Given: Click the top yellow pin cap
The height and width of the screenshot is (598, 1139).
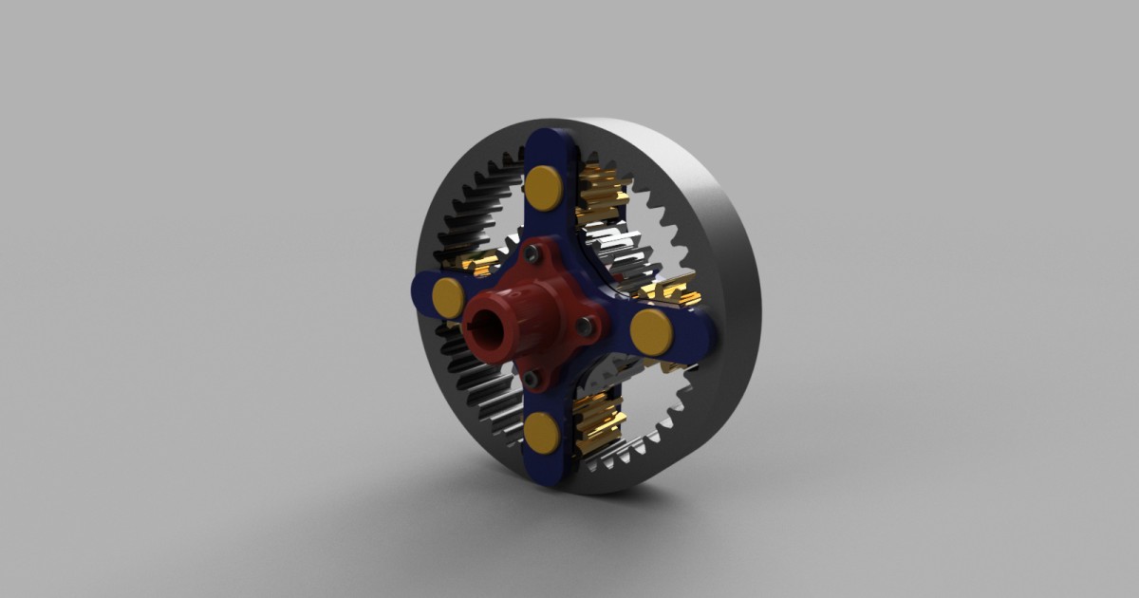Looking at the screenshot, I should point(544,187).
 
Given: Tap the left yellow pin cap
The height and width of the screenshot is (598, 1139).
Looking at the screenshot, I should point(448,298).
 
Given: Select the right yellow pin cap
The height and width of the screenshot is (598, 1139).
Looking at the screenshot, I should point(651,329).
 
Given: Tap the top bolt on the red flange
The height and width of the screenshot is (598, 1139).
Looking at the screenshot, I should point(534,253).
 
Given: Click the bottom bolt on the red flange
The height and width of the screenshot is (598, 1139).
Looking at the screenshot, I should point(531,379).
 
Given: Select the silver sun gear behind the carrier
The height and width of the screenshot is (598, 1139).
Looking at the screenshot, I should point(621,256).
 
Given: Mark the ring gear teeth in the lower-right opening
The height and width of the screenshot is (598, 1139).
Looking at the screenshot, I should point(664,418).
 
